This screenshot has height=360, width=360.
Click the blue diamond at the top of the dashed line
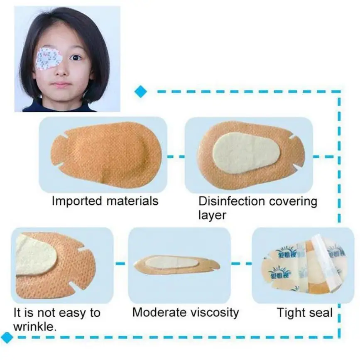click(142, 91)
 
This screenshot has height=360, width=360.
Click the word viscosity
click(213, 312)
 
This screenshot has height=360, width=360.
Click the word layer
click(212, 216)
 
